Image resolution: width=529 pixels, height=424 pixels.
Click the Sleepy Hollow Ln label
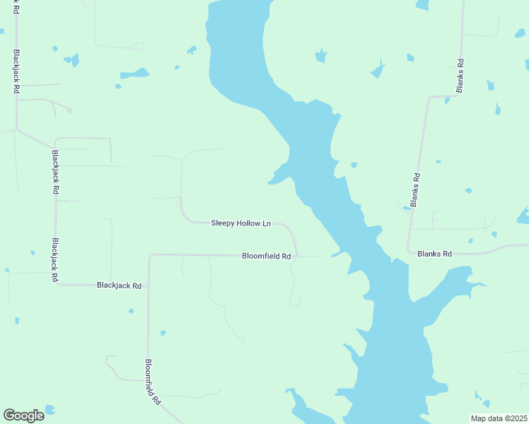pos(241,223)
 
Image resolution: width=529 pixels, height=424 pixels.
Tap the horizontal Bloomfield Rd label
pos(267,256)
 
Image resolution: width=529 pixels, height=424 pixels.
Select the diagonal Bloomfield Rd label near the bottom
pos(153,382)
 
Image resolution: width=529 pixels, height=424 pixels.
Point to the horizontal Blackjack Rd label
pos(119,285)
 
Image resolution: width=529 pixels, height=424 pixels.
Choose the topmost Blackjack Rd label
pos(15,71)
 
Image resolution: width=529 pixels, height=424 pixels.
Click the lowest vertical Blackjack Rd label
pos(54,259)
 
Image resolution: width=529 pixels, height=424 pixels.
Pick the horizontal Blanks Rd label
pos(434,253)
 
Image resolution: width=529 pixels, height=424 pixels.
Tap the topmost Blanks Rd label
pos(460,75)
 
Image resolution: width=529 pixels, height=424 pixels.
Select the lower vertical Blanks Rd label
pos(416,189)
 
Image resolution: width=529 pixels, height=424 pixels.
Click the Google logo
pos(23,415)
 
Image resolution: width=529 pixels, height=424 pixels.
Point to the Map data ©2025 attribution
pos(498,418)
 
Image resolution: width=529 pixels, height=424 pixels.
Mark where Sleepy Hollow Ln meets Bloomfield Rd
pos(297,255)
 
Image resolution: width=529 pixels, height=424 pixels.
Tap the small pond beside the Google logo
pos(50,410)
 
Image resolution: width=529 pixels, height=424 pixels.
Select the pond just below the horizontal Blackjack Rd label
pos(131,310)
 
